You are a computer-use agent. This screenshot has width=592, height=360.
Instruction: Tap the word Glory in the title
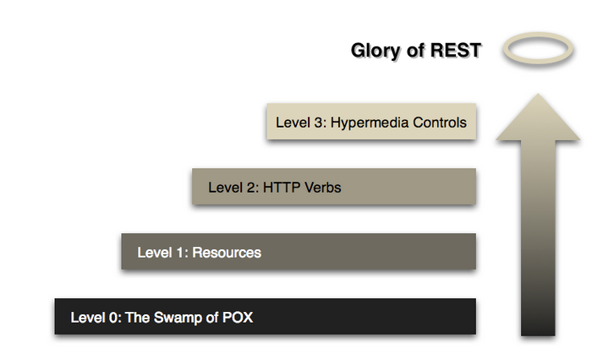click(x=375, y=51)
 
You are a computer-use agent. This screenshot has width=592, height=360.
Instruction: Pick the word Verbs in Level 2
click(x=324, y=187)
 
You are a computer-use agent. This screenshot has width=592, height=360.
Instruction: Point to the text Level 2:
click(x=233, y=187)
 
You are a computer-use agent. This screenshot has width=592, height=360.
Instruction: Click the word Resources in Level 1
click(x=227, y=252)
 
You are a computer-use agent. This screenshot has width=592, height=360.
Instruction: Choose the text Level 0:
click(x=95, y=318)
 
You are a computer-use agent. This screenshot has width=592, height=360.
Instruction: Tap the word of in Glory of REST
click(x=414, y=51)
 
